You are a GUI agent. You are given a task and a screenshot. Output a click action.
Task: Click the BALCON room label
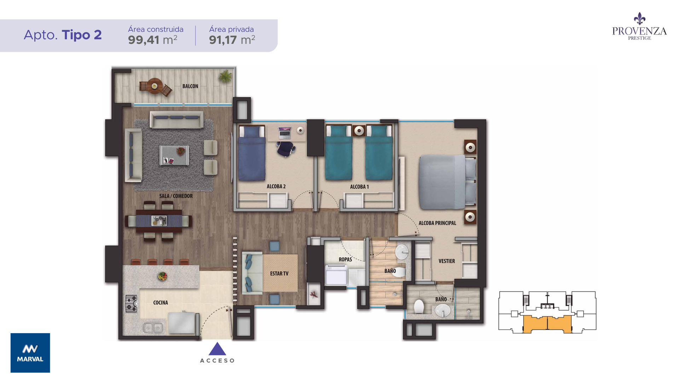(x=190, y=86)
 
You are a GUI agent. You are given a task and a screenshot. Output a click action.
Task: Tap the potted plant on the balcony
(x=225, y=76)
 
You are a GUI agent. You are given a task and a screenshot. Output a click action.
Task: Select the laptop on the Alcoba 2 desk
(x=284, y=133)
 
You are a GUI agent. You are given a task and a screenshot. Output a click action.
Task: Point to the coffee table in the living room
(x=174, y=155)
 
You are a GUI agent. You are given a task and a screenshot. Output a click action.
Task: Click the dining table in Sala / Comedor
(x=159, y=221)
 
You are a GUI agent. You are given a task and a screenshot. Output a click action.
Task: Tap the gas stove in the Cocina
(x=131, y=303)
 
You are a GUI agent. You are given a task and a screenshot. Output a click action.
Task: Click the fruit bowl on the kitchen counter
(x=162, y=276)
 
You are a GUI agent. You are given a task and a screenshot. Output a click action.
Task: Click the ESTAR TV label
(x=279, y=273)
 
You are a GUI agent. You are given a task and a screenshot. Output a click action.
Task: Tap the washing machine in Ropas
(x=336, y=276)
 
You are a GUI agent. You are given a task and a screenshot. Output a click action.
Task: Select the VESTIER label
(x=447, y=261)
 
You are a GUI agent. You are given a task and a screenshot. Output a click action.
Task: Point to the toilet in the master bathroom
(x=419, y=307)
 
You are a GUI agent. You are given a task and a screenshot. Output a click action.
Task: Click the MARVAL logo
(x=30, y=353)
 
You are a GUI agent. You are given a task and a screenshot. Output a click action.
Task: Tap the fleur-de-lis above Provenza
(x=639, y=19)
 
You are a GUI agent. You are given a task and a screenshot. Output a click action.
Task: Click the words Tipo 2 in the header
(x=82, y=35)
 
